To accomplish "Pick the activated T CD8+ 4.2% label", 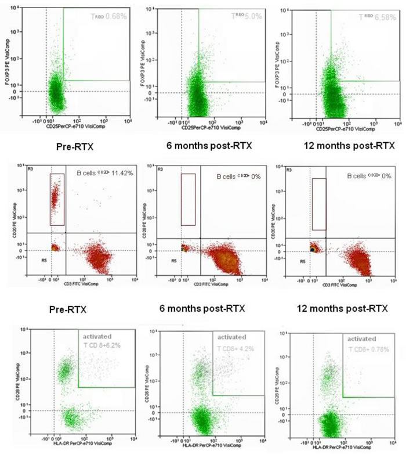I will pyautogui.click(x=235, y=343).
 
